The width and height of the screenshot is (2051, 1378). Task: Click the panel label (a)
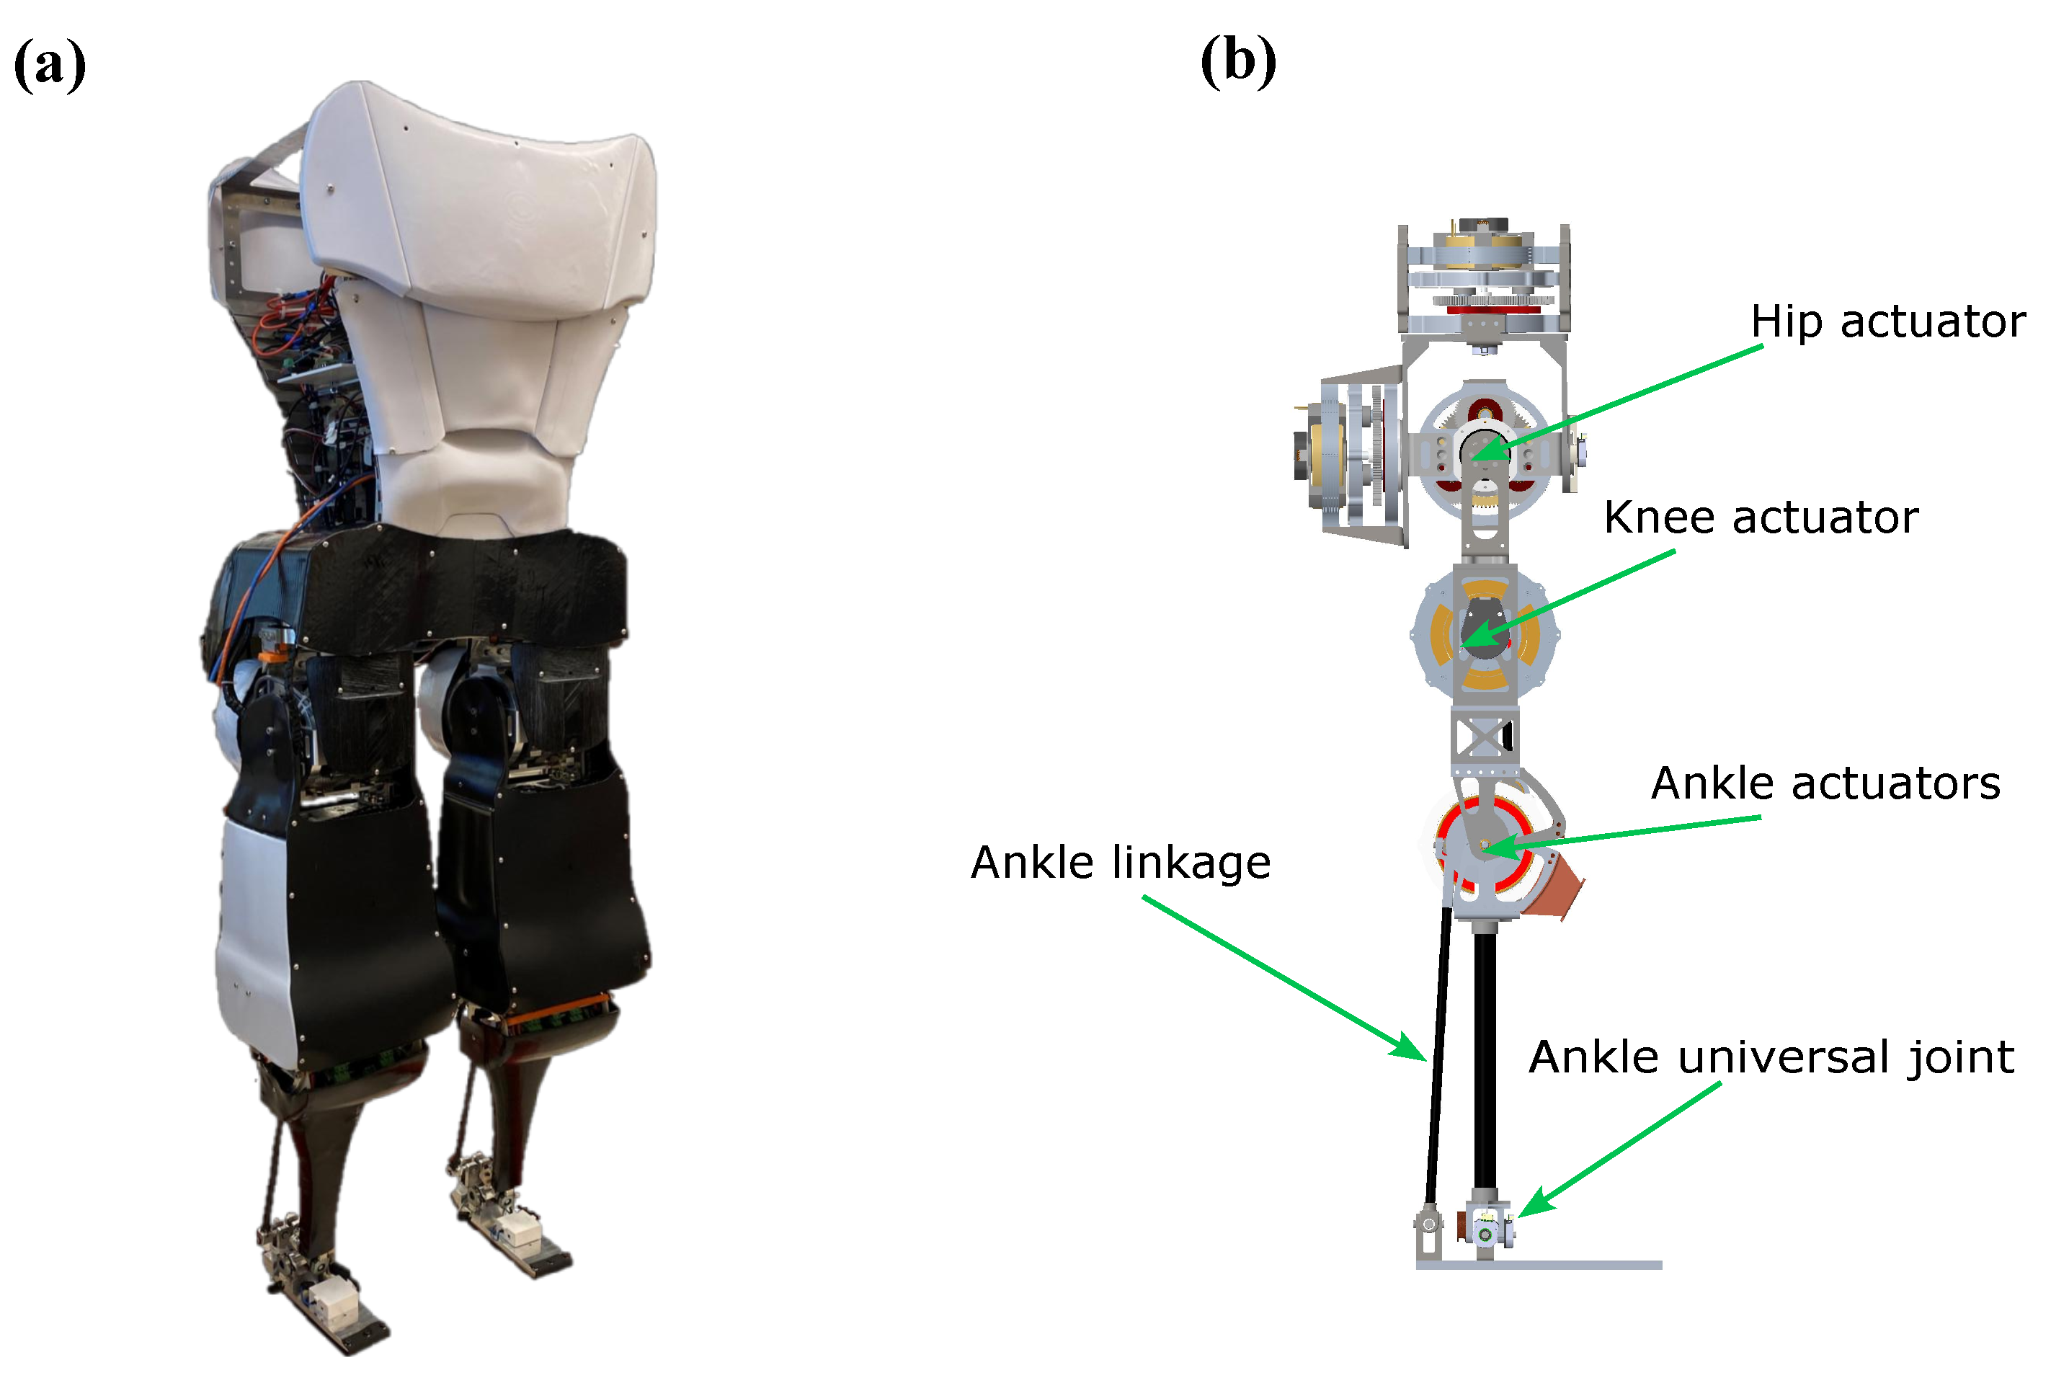(x=50, y=64)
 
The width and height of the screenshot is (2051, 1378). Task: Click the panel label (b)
(x=1237, y=61)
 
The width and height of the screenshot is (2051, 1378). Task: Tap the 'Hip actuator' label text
(x=1887, y=321)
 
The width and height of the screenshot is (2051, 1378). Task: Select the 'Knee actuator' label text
(x=1760, y=517)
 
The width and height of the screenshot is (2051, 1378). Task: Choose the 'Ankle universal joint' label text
(x=1771, y=1057)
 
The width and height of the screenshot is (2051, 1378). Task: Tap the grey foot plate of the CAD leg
(x=1538, y=1266)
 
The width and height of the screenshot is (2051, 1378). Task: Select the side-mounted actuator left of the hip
(x=1345, y=455)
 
